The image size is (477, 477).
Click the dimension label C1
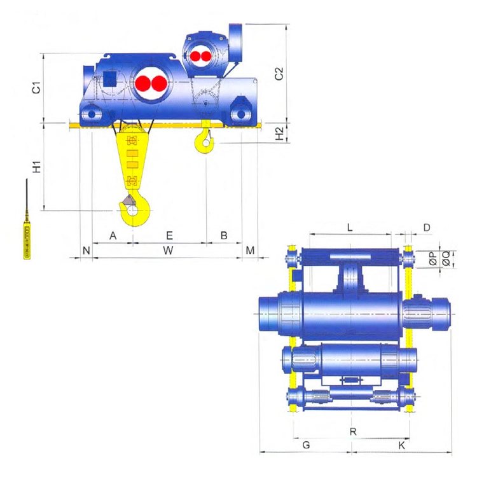tap(36, 87)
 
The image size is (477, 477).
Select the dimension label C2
tap(279, 74)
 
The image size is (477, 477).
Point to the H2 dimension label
tap(280, 133)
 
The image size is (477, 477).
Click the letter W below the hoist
tap(168, 251)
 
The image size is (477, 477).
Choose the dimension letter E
tap(169, 235)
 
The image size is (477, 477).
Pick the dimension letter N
tap(86, 251)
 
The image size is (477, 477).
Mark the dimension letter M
tap(250, 251)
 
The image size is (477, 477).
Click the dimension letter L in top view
tap(350, 227)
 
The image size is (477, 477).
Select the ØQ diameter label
tap(446, 259)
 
